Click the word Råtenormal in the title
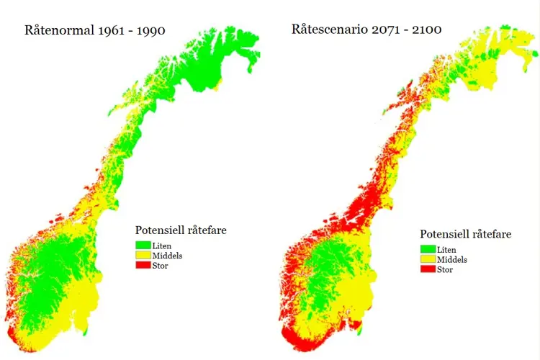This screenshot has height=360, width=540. click(59, 31)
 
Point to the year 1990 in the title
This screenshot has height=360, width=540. click(151, 31)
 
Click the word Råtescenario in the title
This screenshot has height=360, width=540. click(330, 30)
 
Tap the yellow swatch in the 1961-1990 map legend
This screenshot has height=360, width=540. click(143, 256)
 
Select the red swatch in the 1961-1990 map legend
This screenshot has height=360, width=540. click(143, 265)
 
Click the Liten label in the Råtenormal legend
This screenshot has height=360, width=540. click(161, 246)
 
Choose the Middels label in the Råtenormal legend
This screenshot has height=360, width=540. click(167, 256)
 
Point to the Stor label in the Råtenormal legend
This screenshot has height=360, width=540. click(160, 266)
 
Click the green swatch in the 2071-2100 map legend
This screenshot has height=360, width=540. click(428, 250)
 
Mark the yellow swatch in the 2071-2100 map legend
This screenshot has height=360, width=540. click(428, 259)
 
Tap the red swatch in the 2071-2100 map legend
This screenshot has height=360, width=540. click(428, 269)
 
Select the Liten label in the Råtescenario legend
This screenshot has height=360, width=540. click(446, 250)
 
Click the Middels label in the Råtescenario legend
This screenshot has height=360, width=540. click(452, 260)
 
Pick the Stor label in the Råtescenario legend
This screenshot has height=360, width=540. click(445, 270)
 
